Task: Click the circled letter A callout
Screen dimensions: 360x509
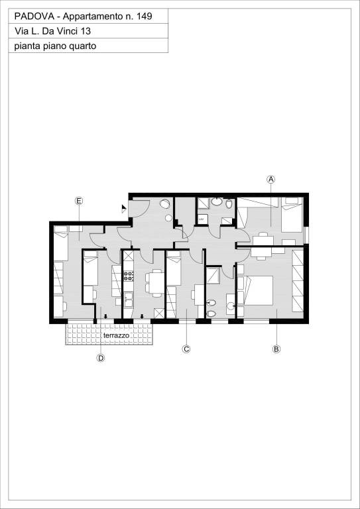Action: coord(270,179)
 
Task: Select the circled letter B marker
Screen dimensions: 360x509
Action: coord(276,349)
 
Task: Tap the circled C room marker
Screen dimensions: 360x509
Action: coord(186,349)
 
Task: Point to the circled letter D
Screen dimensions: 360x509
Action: coord(101,358)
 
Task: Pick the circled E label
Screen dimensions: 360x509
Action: coord(78,201)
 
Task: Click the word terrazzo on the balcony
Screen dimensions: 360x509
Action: coord(116,335)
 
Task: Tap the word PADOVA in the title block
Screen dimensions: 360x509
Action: coord(31,16)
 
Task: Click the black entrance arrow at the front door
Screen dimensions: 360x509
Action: coord(124,209)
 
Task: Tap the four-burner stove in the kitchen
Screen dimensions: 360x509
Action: coord(129,276)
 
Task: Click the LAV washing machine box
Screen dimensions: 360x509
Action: coord(202,219)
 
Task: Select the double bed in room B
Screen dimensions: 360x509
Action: coord(255,290)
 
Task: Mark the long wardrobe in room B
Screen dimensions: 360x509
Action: coord(298,281)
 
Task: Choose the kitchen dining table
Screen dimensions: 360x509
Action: coord(156,283)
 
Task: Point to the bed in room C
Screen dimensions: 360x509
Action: coord(174,268)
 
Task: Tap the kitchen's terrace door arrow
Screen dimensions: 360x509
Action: coord(142,317)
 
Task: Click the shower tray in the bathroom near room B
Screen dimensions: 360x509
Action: coord(213,276)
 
